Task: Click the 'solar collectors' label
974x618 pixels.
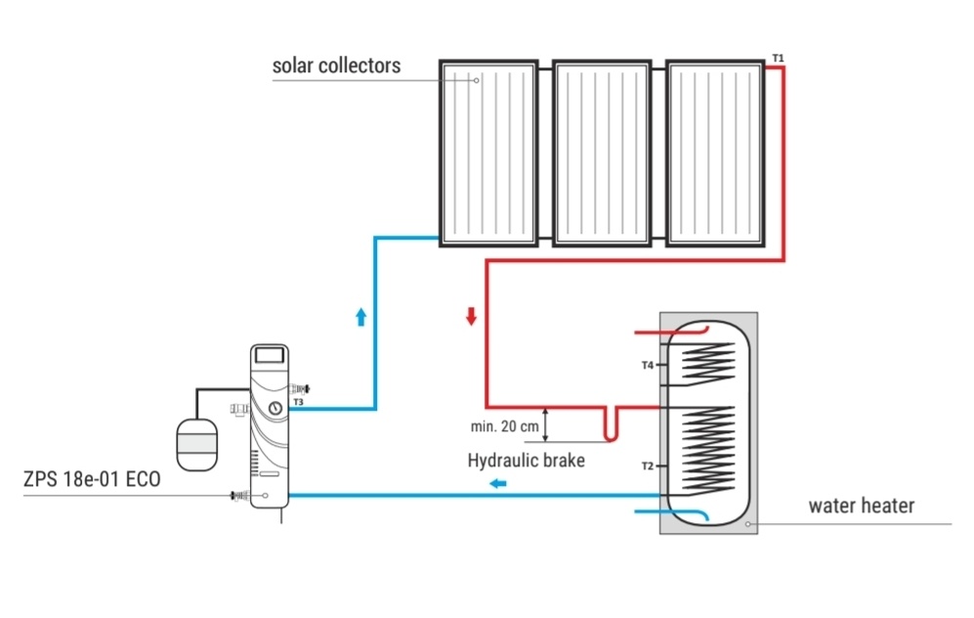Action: (336, 66)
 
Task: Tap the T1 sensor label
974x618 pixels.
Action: (777, 59)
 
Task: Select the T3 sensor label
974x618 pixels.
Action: (297, 401)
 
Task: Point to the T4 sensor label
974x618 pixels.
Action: (647, 365)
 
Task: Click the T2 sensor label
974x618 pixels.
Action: (647, 465)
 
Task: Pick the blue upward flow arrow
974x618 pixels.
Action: (360, 317)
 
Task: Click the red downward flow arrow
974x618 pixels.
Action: (471, 317)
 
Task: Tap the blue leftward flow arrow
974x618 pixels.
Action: (498, 482)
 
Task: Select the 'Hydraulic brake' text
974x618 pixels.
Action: (526, 460)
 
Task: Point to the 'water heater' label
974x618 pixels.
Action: (861, 506)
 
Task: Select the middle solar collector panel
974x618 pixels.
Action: (602, 154)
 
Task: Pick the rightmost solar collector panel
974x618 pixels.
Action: (715, 154)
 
